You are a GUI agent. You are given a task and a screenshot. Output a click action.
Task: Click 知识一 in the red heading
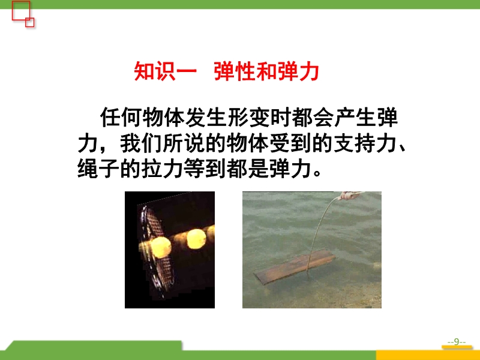point(165,71)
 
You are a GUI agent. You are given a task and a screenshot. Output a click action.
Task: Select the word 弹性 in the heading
point(235,71)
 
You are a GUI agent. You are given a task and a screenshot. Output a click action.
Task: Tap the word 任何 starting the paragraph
point(121,117)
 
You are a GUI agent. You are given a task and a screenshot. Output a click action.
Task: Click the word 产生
point(355,117)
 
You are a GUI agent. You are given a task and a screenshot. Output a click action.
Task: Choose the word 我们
point(140,143)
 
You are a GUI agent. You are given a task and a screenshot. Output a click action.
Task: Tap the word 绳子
point(98,169)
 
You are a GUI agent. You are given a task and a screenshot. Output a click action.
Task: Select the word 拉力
point(162,169)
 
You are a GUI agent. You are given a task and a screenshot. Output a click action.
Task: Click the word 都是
point(247,169)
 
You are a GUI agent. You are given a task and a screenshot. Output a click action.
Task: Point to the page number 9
point(457,341)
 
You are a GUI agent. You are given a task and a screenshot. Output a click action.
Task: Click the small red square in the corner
point(29,22)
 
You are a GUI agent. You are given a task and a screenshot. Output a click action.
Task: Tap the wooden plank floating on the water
point(295,266)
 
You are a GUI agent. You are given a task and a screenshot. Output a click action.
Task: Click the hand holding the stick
point(350,196)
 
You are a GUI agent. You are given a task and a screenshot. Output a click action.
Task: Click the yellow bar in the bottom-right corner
point(428,355)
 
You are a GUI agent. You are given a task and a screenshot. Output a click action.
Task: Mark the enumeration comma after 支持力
point(402,149)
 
